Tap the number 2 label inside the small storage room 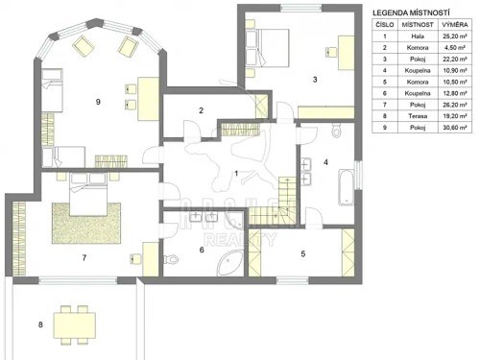[x=201, y=111]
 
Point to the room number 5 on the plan [x=302, y=254]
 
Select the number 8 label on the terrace [x=39, y=325]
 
